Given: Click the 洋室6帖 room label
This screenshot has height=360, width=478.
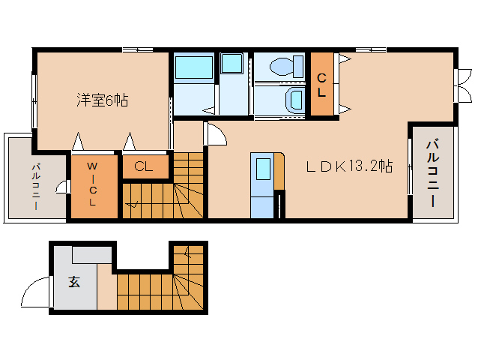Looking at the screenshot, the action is pos(103,100).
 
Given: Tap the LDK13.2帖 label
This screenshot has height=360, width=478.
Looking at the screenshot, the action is pos(349,166).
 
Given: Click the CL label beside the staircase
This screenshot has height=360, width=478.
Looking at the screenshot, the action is pos(144,166).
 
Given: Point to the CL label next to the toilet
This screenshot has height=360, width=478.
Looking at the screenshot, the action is pos(321,85).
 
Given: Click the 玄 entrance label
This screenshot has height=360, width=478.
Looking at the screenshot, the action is pos(74,282).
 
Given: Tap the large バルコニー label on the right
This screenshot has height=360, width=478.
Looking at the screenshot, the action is pos(433,173).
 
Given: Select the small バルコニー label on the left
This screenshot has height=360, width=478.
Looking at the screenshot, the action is pos(36,187).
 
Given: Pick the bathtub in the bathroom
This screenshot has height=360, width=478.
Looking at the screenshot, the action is pos(194,67).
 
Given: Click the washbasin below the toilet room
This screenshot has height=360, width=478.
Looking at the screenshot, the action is pos(294,99).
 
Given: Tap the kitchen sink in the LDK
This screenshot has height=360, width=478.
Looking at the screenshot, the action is pos(263,169).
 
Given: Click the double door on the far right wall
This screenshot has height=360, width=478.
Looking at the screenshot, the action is pos(463,85).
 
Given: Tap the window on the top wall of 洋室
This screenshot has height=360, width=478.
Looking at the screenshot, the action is pos(138,49).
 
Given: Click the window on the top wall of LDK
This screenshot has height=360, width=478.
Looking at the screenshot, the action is pos(371,49).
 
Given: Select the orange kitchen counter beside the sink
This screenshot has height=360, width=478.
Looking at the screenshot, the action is pos(279,171).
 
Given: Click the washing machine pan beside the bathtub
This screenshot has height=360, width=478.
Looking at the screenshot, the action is pos(232,63).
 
